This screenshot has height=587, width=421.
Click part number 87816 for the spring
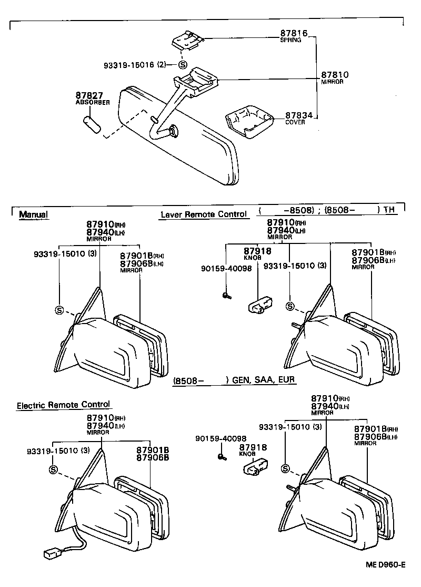(x=293, y=33)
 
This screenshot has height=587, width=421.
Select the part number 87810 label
(x=335, y=75)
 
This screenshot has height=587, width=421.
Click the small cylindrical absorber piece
(x=92, y=126)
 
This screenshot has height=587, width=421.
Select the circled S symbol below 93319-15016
(x=183, y=65)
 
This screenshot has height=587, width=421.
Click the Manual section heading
(x=33, y=214)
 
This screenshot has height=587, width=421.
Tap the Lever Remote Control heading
(x=203, y=214)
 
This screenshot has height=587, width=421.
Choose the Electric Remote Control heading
(x=63, y=405)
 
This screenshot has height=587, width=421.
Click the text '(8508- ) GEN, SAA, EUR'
(x=234, y=380)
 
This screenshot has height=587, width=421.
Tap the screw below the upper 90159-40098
(x=225, y=296)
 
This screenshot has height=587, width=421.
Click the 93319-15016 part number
(x=128, y=65)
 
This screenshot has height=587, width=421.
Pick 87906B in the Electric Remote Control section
(x=152, y=457)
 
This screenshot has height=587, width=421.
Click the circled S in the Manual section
(x=59, y=310)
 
